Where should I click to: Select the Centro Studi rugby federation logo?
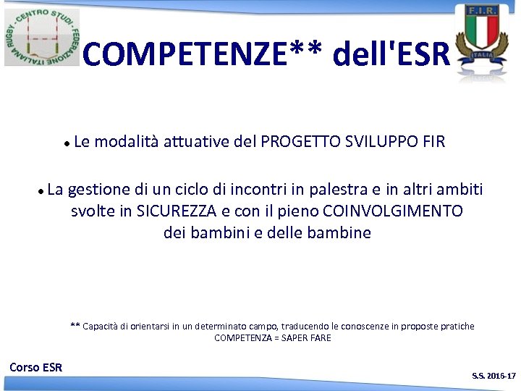pos(42,37)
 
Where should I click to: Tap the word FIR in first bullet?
pos(433,141)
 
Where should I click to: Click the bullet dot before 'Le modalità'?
pos(67,143)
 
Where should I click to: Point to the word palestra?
pos(337,190)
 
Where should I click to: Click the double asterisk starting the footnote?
pos(75,326)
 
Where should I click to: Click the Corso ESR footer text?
pos(36,367)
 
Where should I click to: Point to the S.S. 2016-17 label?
pos(494,376)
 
